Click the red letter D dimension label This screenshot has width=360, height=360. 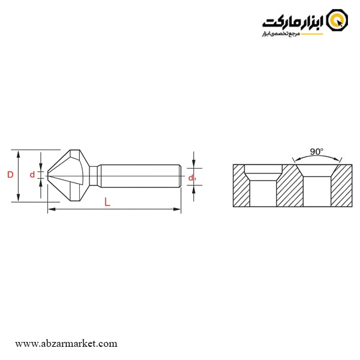(x=10, y=175)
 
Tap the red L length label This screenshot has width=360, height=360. (x=107, y=202)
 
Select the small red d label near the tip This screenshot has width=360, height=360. (x=32, y=175)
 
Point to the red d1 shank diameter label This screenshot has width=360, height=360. (x=191, y=178)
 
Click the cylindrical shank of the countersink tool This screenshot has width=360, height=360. (x=138, y=175)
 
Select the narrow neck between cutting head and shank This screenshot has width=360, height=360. (x=94, y=175)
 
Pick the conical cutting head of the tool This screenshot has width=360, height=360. (x=69, y=175)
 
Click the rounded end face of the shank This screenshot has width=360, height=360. (x=179, y=175)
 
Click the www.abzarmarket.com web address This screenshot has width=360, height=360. (x=66, y=344)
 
